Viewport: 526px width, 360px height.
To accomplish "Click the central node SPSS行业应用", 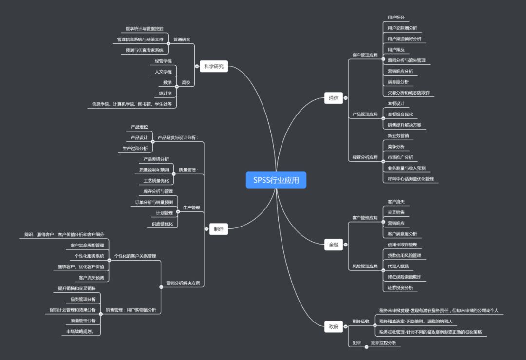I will click(276, 180).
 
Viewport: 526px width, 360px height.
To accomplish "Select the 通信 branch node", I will click(333, 98).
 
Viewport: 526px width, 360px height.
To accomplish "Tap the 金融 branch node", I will click(333, 245).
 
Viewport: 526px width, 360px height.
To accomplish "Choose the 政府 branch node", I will click(333, 327).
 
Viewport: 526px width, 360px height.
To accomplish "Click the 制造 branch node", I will click(218, 229).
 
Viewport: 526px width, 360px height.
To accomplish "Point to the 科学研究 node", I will click(214, 67).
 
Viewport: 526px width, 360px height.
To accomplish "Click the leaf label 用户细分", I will click(396, 18).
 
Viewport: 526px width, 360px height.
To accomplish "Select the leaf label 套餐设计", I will click(396, 104).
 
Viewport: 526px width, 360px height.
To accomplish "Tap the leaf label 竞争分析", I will click(396, 147).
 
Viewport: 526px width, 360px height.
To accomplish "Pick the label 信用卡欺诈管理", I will click(402, 245).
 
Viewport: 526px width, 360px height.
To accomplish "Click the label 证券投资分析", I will click(400, 288).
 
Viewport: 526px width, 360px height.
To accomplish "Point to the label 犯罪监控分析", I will click(383, 343).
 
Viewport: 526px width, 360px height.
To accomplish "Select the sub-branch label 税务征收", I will click(361, 322).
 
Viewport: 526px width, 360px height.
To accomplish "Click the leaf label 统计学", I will click(166, 93).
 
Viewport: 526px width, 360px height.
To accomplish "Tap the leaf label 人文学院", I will click(163, 72).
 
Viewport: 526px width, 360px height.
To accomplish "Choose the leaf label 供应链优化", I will click(163, 224).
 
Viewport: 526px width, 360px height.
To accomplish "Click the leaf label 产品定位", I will click(139, 127).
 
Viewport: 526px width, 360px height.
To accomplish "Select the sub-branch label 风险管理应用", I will click(365, 266).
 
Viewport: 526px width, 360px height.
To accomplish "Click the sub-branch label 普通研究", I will click(182, 39).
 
